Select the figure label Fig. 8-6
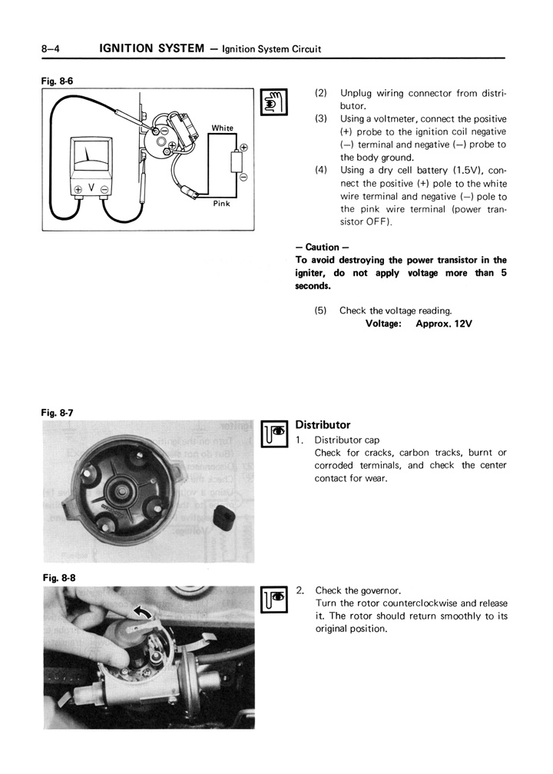58,80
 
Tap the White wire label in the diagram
223,128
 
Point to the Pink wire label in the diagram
221,204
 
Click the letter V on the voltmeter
91,188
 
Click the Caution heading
317,247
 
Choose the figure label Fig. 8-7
58,413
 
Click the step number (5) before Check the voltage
320,311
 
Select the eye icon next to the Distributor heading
273,435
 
